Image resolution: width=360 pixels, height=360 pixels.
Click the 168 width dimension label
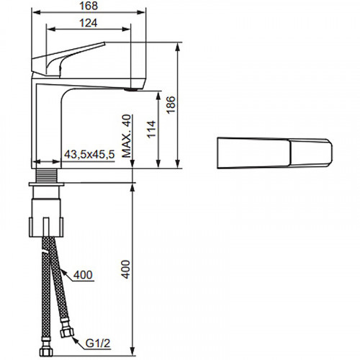[89, 6]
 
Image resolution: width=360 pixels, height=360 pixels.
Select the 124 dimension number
[89, 23]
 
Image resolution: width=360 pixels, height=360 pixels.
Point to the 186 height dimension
[171, 105]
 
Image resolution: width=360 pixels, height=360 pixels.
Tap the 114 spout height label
[151, 130]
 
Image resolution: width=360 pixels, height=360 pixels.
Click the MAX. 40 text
[127, 136]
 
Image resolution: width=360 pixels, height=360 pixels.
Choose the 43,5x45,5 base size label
[89, 155]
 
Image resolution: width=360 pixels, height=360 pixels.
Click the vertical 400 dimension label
[125, 269]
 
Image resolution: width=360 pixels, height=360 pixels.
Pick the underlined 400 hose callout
[83, 275]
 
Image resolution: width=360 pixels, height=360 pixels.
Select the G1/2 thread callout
[98, 343]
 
